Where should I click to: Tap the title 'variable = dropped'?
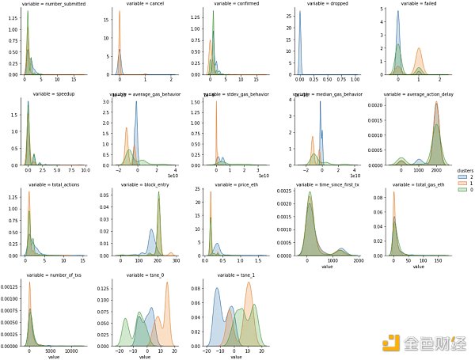point(319,4)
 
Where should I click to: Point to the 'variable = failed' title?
point(411,4)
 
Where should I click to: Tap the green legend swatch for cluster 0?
point(462,189)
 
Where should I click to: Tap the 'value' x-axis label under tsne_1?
point(235,358)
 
